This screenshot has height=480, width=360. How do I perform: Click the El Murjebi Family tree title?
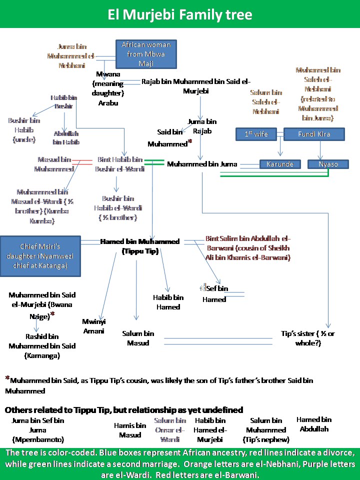(x=180, y=14)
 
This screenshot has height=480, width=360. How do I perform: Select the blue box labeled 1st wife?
(x=255, y=134)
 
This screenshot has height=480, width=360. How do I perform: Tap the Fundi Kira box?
(x=314, y=134)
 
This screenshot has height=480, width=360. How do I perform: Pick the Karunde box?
(x=280, y=164)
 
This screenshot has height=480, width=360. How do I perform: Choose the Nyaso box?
(x=327, y=164)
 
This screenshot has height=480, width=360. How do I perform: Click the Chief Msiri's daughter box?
(x=40, y=256)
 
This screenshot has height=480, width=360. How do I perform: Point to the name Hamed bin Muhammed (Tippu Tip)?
(x=140, y=246)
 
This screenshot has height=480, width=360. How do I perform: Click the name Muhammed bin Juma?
(x=202, y=164)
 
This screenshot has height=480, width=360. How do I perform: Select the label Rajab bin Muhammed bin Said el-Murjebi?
(x=196, y=86)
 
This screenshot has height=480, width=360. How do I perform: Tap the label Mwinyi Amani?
(x=94, y=326)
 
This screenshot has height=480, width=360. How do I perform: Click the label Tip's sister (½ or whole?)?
(x=307, y=338)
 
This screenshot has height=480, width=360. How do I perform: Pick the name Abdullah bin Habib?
(x=66, y=138)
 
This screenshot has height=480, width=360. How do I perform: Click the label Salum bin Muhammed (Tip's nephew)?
(x=266, y=430)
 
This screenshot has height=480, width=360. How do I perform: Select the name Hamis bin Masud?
(x=130, y=430)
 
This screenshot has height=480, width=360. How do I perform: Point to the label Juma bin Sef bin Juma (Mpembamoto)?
(x=38, y=430)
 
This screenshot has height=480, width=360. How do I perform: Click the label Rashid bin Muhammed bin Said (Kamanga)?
(x=42, y=346)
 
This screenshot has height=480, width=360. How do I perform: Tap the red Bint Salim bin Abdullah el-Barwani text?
(x=248, y=248)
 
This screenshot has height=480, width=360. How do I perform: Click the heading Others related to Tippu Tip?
(x=123, y=410)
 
